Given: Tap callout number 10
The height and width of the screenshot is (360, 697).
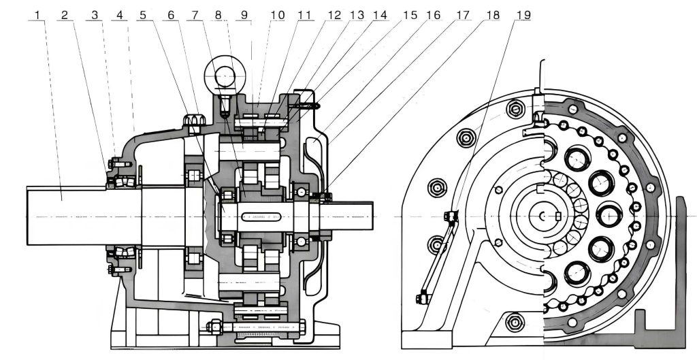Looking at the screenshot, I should [x=277, y=14].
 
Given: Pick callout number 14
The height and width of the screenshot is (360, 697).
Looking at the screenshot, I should [x=379, y=14].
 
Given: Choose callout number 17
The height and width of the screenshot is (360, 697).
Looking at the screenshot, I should [x=464, y=14].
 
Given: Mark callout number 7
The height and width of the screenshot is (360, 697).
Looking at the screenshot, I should [x=197, y=14].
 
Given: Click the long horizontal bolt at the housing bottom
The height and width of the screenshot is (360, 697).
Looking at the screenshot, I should [x=259, y=327].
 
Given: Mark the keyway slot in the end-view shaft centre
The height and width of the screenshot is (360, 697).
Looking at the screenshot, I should [x=558, y=216].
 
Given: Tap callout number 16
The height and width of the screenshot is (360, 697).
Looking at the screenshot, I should [x=434, y=14].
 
